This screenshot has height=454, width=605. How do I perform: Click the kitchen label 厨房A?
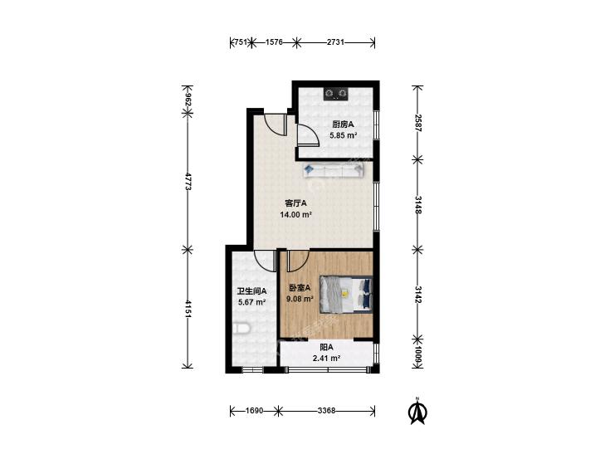(343, 124)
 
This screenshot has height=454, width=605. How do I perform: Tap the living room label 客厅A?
(295, 203)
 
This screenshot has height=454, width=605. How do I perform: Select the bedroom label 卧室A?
(300, 288)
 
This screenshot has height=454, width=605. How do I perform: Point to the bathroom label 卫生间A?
(251, 291)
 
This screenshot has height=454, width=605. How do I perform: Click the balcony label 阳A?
(326, 348)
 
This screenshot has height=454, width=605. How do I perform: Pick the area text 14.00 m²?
(296, 215)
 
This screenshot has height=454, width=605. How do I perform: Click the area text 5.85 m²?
(343, 135)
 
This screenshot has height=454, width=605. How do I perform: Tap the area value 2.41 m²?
(326, 359)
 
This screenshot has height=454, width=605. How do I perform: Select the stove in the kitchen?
(335, 94)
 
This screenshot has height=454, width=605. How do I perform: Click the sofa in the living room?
(334, 170)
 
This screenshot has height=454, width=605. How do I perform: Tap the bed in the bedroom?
(346, 295)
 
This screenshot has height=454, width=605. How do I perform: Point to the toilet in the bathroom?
(242, 329)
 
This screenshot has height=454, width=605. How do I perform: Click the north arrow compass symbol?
(417, 411)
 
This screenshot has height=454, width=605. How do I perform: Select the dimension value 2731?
(335, 42)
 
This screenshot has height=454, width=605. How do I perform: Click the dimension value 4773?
(188, 181)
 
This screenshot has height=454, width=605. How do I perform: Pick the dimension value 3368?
(326, 411)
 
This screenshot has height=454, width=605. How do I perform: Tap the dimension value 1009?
(417, 354)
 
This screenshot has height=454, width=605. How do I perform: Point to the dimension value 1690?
(254, 411)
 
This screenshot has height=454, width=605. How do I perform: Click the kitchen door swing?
(308, 135)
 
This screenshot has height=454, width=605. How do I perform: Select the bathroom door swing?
(265, 261)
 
